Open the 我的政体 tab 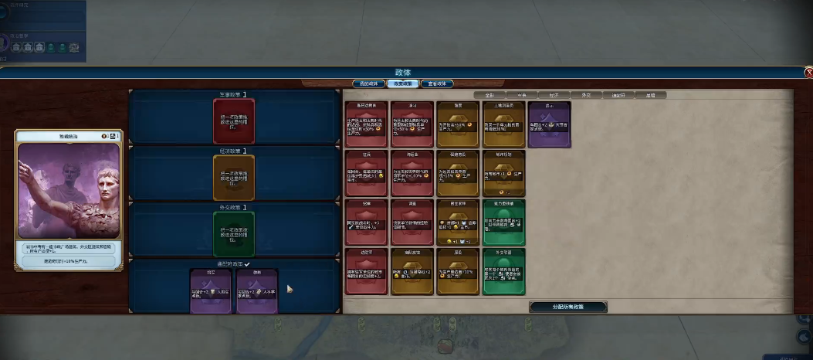pyautogui.click(x=368, y=83)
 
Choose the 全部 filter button pyautogui.click(x=489, y=96)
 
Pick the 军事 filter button pyautogui.click(x=521, y=96)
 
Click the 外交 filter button pyautogui.click(x=586, y=96)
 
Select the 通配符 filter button pyautogui.click(x=618, y=96)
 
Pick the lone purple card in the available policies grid pyautogui.click(x=549, y=124)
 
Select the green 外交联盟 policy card pyautogui.click(x=503, y=271)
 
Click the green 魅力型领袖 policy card pyautogui.click(x=503, y=222)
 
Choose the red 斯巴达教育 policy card pyautogui.click(x=367, y=124)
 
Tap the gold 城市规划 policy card pyautogui.click(x=503, y=173)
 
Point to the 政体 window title pyautogui.click(x=404, y=73)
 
